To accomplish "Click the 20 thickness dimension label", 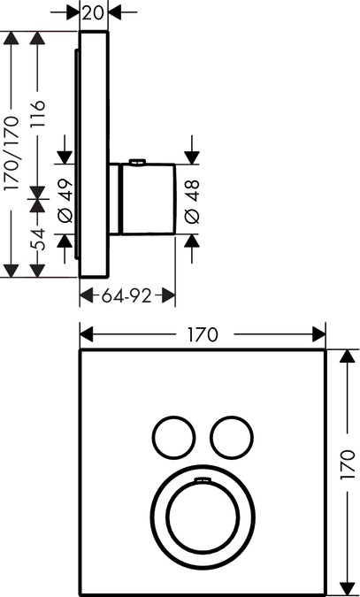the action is click(x=94, y=13).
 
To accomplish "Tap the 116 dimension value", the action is click(x=37, y=114).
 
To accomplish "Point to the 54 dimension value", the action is click(x=37, y=240).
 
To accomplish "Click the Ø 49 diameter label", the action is click(x=65, y=200).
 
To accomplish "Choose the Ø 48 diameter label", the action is click(x=192, y=202).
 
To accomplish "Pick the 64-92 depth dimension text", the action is click(x=126, y=295).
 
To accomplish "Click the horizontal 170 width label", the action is click(x=203, y=334).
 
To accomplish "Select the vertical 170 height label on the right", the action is click(x=347, y=465).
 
